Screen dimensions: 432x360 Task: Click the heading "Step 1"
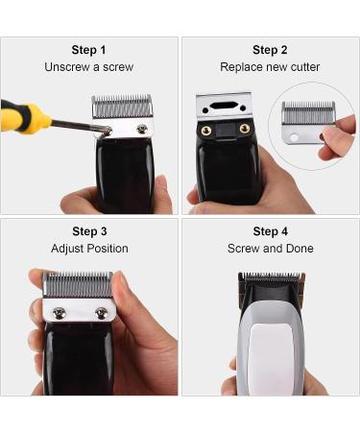pyautogui.click(x=88, y=50)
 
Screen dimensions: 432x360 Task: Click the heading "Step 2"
pyautogui.click(x=270, y=50)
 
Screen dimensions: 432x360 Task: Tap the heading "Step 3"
pyautogui.click(x=88, y=231)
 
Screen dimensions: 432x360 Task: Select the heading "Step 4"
pyautogui.click(x=270, y=231)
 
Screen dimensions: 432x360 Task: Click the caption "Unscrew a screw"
pyautogui.click(x=88, y=67)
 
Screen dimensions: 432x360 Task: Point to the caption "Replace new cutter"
pyautogui.click(x=270, y=67)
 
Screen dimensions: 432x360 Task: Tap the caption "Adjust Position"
pyautogui.click(x=88, y=249)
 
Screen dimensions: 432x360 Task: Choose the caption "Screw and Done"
pyautogui.click(x=270, y=249)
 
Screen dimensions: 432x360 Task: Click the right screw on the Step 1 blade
pyautogui.click(x=142, y=129)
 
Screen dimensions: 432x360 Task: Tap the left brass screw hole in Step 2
pyautogui.click(x=204, y=128)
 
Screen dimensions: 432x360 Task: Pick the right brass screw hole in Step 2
pyautogui.click(x=244, y=128)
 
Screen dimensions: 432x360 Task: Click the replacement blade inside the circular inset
pyautogui.click(x=309, y=123)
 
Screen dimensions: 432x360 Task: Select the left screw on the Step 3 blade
pyautogui.click(x=59, y=311)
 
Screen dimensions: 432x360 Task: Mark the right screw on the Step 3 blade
pyautogui.click(x=101, y=312)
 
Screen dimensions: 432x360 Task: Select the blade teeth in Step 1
pyautogui.click(x=122, y=104)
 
